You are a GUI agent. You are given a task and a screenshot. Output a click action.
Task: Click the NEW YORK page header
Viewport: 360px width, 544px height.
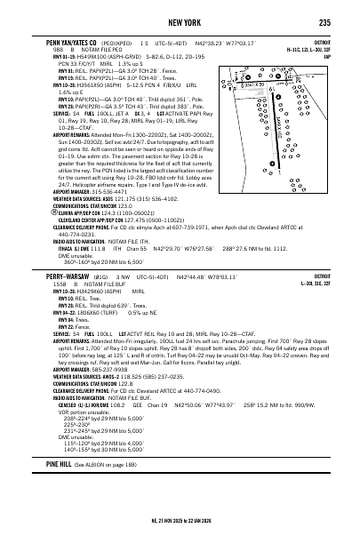[x=179, y=21]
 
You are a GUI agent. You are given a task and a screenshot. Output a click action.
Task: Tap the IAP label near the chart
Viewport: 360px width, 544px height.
[x=329, y=55]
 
